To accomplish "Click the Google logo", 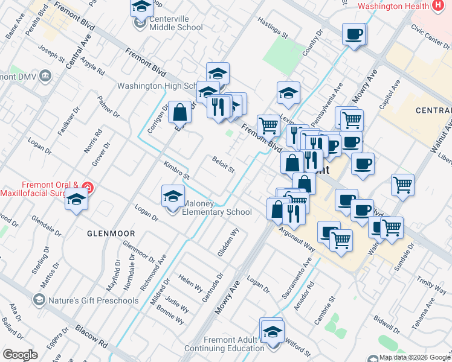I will click(20, 355).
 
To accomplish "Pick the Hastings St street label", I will click(270, 27).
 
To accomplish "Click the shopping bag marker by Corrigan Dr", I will click(180, 112).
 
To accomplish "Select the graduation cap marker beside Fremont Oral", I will click(76, 200).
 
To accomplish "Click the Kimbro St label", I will click(176, 170).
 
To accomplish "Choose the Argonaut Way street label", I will click(297, 239).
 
